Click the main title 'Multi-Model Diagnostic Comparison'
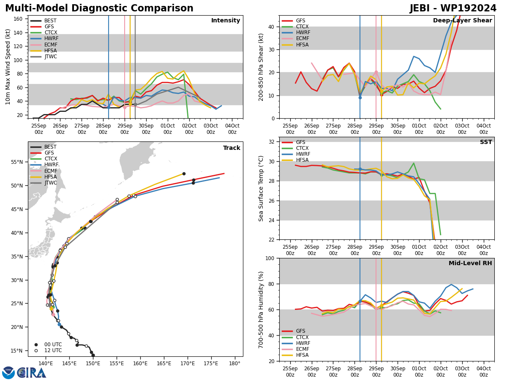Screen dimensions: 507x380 coord(99,8)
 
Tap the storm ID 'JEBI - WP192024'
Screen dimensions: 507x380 coord(453,8)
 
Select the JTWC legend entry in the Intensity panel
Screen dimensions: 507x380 coord(44,57)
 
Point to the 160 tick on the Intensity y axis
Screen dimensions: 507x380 coord(18,19)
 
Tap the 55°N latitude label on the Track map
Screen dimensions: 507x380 coord(17,162)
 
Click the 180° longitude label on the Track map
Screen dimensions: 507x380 coord(235,364)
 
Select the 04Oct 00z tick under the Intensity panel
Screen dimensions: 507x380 coord(232,129)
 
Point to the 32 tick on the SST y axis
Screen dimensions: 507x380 coord(271,142)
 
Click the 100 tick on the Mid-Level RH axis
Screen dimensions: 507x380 coord(270,258)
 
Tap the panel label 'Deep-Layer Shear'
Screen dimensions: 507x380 coord(462,20)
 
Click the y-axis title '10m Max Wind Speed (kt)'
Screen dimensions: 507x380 coord(8,67)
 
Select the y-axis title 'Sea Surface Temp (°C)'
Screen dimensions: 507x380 coord(261,188)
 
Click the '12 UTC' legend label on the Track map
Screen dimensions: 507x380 coord(53,350)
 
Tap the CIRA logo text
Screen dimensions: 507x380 coord(31,373)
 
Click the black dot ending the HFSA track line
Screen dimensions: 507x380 coord(184,174)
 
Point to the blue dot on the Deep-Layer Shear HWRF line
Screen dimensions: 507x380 coord(360,98)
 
